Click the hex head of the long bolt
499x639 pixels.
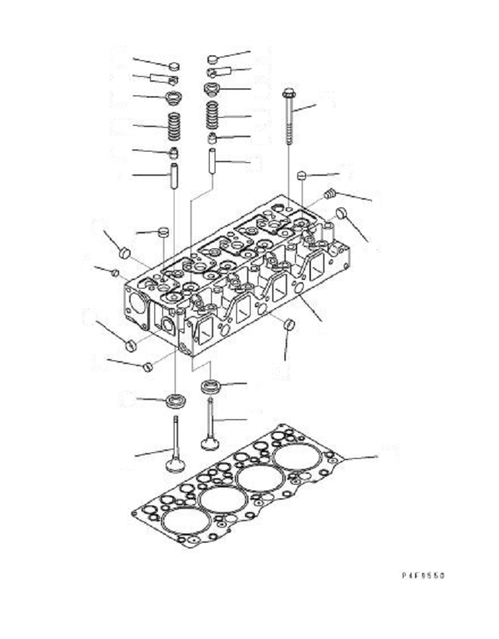point(289,93)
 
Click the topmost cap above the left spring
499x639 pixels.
point(174,66)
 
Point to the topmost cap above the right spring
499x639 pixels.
point(213,58)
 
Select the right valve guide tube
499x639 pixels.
point(213,161)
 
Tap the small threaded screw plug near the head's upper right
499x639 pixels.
point(330,192)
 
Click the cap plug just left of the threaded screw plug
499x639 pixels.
point(302,174)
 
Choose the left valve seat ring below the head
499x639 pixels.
point(174,400)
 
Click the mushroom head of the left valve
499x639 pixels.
point(174,465)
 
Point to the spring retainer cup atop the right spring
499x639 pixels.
point(212,89)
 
